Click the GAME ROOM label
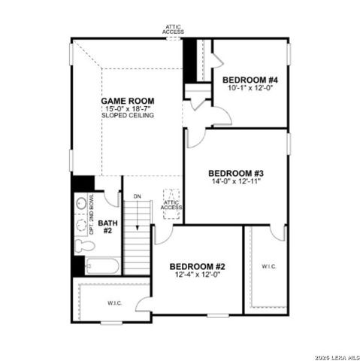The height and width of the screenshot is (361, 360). click(x=129, y=100)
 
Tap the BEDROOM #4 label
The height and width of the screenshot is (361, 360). click(x=250, y=80)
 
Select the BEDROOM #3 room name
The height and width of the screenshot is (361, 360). click(x=235, y=173)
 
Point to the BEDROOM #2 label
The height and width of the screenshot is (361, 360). click(x=197, y=266)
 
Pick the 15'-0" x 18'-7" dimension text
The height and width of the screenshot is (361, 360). click(x=129, y=108)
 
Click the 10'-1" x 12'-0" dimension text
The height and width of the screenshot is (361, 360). click(x=250, y=88)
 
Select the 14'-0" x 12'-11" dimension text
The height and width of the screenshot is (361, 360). click(x=235, y=181)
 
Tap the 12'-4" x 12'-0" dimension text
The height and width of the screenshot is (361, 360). click(x=197, y=275)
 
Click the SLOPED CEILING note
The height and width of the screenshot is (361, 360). click(x=129, y=116)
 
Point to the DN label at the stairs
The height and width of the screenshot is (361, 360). click(x=137, y=197)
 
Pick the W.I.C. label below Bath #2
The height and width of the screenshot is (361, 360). click(x=114, y=303)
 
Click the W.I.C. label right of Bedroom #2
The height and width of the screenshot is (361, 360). click(x=268, y=267)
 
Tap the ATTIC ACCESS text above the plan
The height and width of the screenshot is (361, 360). click(x=174, y=30)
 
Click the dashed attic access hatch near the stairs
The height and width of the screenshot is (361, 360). click(x=171, y=204)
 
